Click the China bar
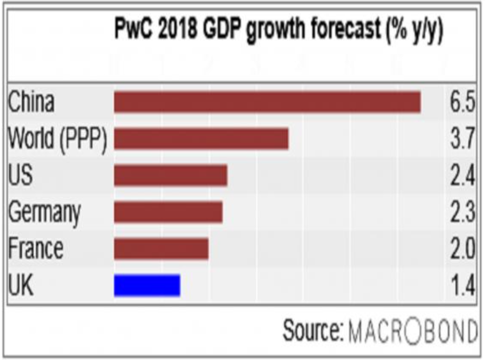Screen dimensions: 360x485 267,102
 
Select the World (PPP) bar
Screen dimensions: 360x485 201,139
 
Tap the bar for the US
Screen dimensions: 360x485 170,176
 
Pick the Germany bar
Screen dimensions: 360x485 168,212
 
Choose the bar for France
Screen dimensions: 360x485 161,249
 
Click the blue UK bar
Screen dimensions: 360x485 147,285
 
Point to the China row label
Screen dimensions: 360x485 31,103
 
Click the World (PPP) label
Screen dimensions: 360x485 57,139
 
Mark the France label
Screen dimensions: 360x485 36,249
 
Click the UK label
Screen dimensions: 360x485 21,285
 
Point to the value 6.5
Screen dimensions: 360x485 461,103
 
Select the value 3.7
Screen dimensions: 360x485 461,139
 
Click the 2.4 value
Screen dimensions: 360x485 461,176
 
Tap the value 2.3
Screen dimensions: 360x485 461,213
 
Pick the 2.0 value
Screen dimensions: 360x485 461,249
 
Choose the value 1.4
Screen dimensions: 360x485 461,286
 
